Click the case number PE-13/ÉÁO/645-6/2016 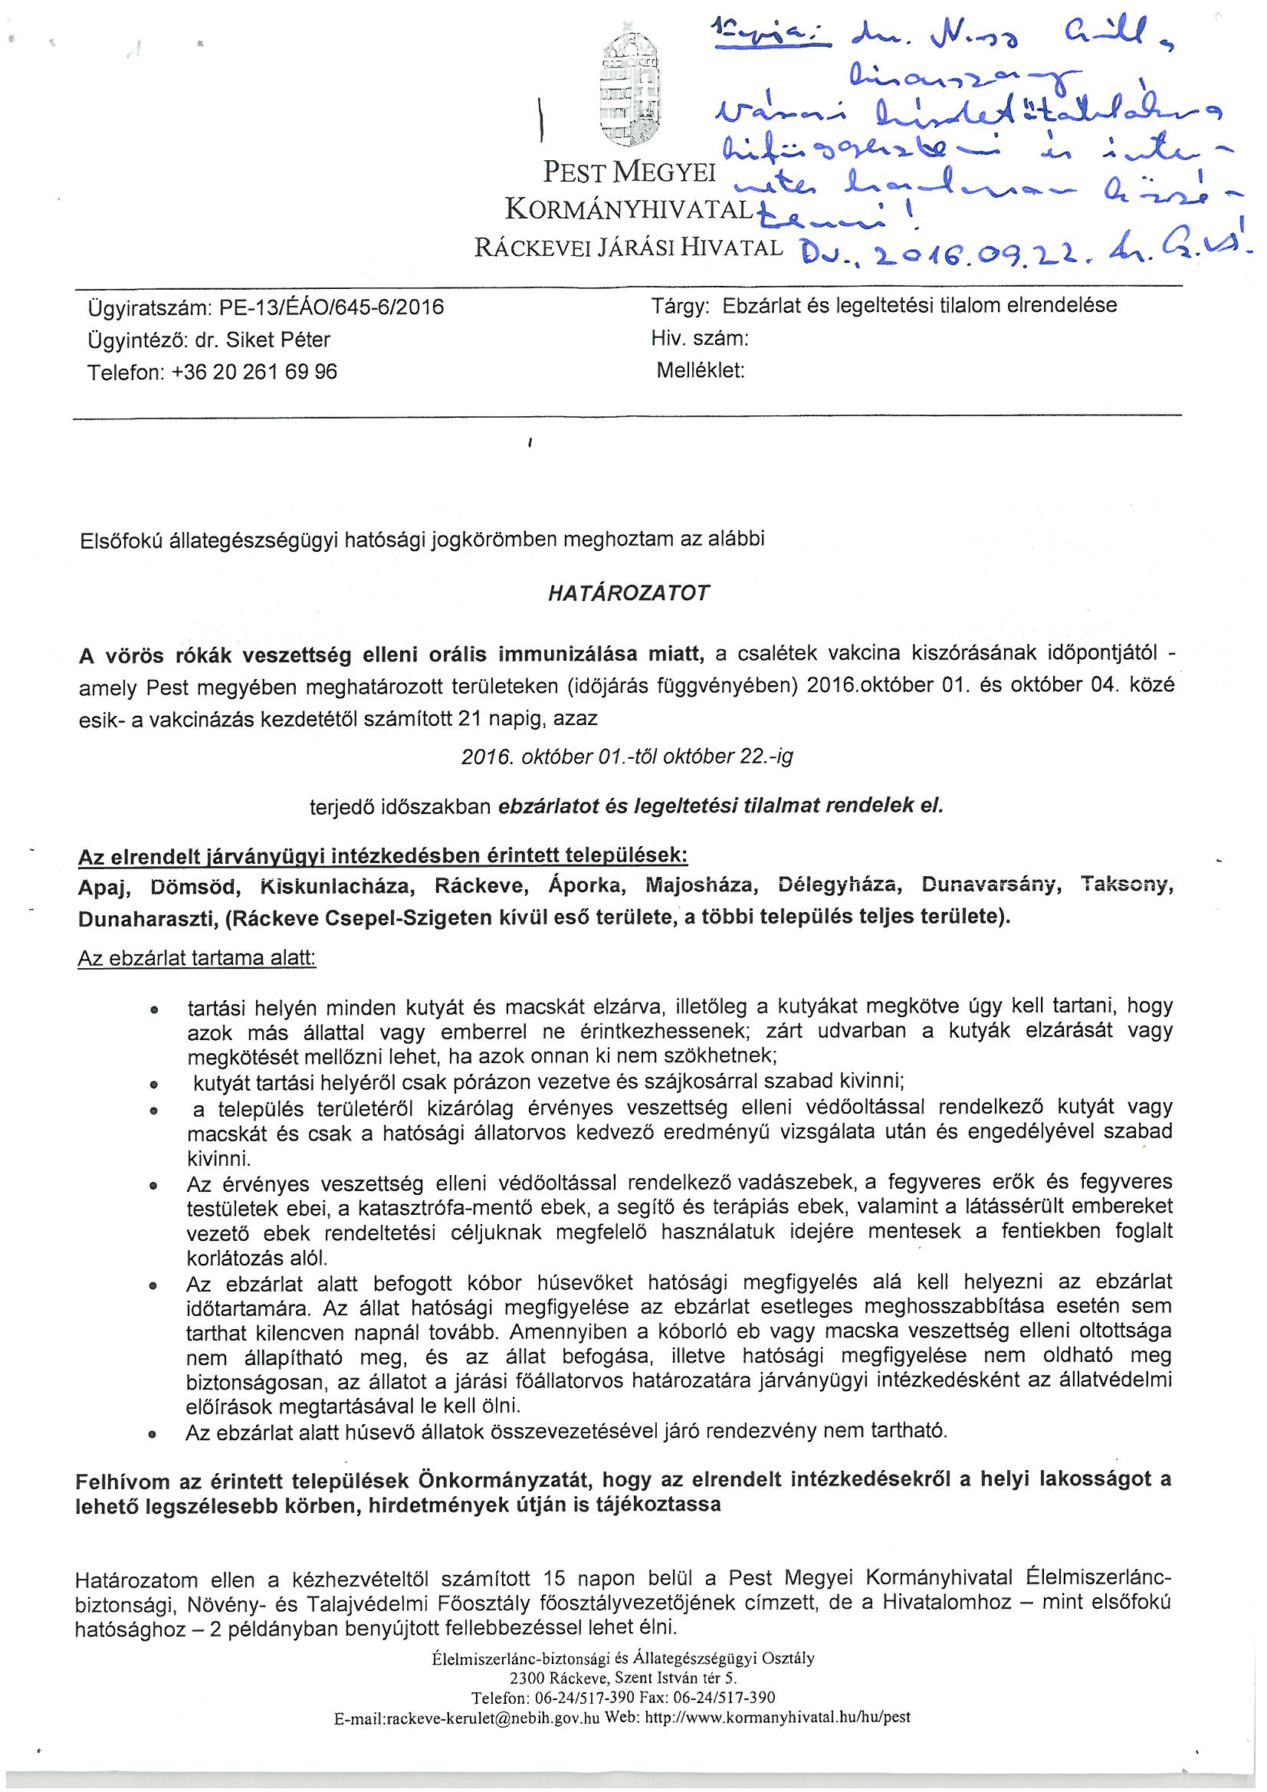coord(332,307)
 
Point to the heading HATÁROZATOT coord(629,593)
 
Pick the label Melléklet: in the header coord(701,370)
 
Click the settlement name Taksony coord(1127,885)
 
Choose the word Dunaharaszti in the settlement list coord(146,919)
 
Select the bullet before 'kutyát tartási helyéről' coord(154,1084)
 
